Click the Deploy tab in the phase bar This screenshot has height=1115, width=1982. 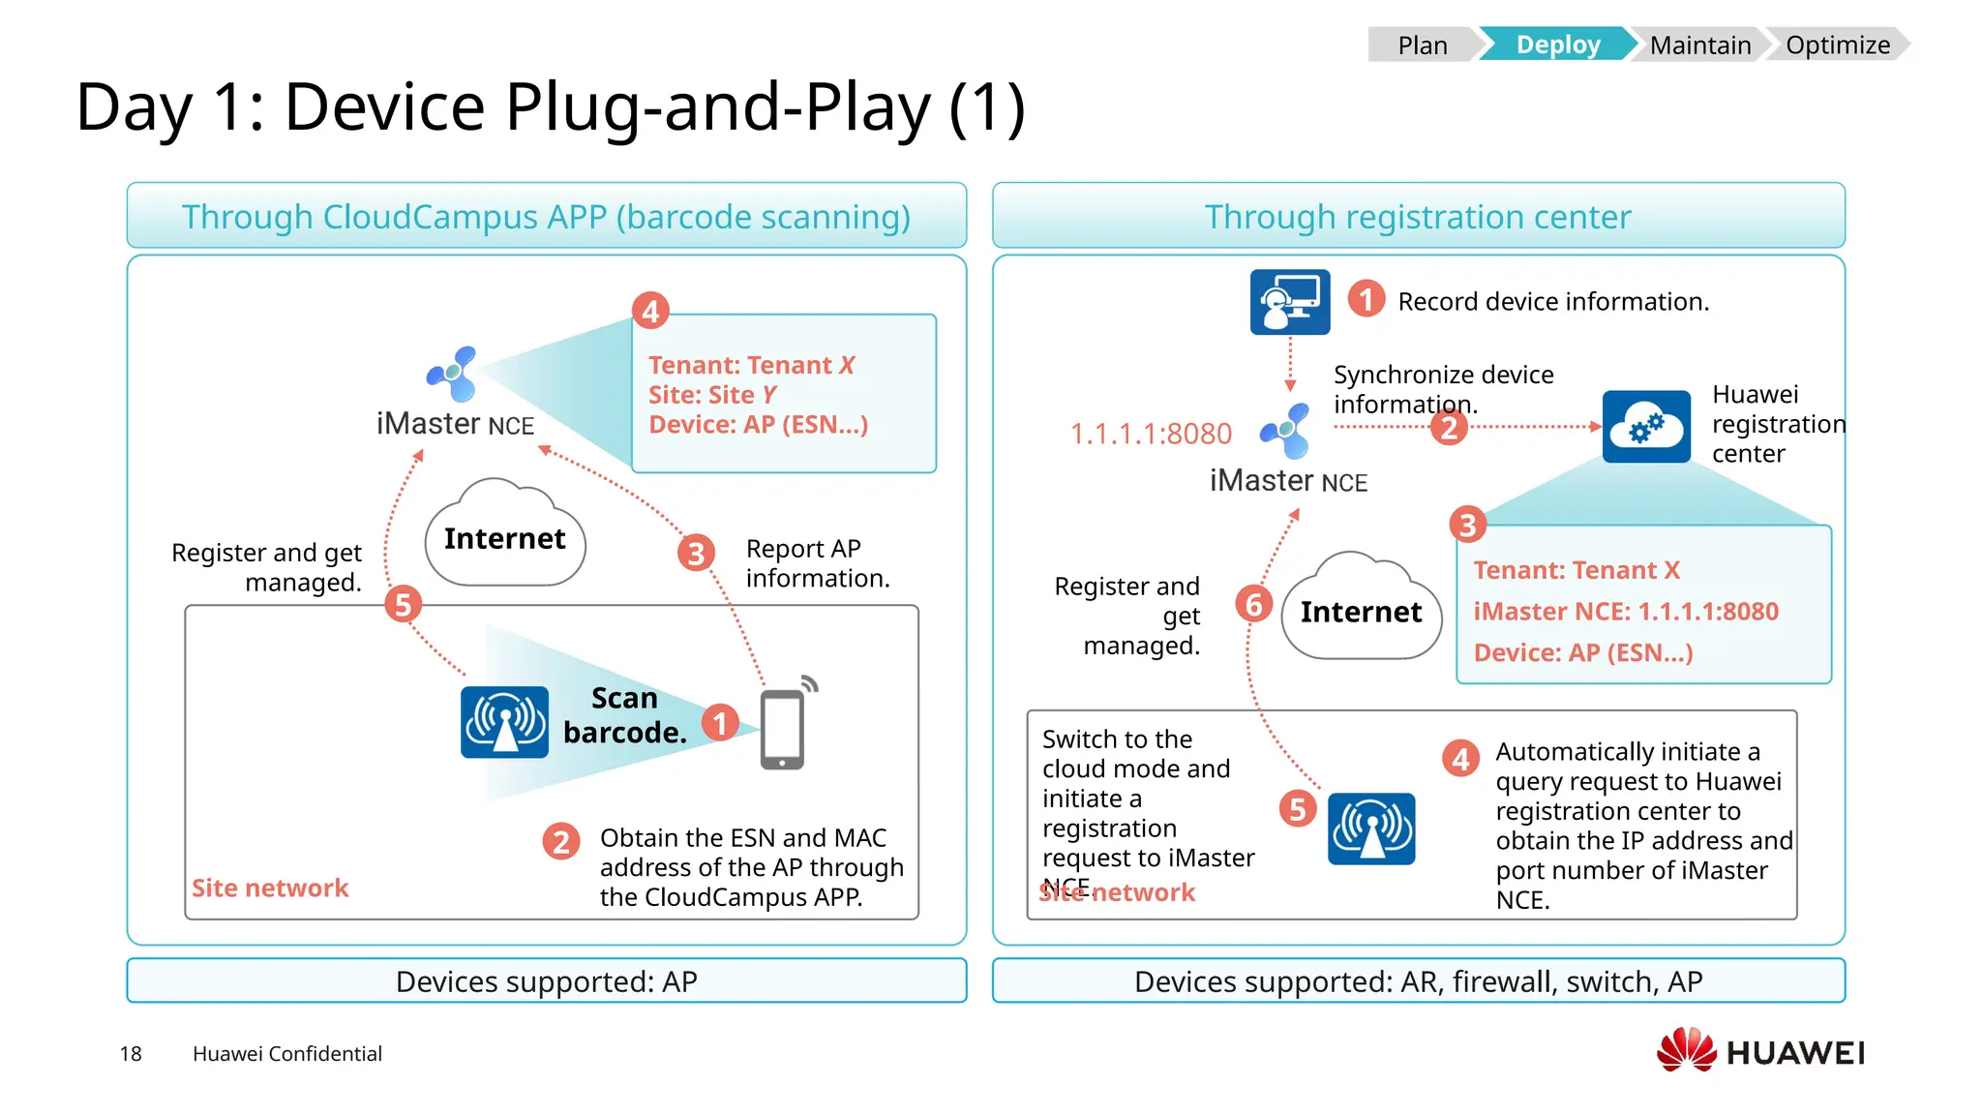pyautogui.click(x=1557, y=45)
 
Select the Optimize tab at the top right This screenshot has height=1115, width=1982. pyautogui.click(x=1837, y=45)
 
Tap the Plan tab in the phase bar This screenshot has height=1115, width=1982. pyautogui.click(x=1422, y=45)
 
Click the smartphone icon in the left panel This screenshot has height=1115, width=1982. pyautogui.click(x=782, y=730)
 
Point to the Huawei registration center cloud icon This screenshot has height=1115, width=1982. pyautogui.click(x=1646, y=427)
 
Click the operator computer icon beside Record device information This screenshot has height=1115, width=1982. pyautogui.click(x=1289, y=302)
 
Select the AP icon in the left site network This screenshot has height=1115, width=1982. pyautogui.click(x=504, y=722)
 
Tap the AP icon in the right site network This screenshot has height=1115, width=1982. pyautogui.click(x=1370, y=829)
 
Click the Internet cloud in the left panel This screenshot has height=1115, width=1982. pyautogui.click(x=505, y=537)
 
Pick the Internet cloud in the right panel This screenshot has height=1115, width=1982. pyautogui.click(x=1361, y=611)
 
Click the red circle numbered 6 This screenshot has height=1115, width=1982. pyautogui.click(x=1253, y=604)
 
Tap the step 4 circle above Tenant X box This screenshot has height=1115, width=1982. pyautogui.click(x=650, y=311)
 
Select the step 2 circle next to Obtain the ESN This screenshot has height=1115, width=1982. pyautogui.click(x=561, y=841)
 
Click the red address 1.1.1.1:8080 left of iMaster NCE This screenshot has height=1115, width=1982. pyautogui.click(x=1151, y=434)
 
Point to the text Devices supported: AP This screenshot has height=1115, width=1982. pyautogui.click(x=546, y=981)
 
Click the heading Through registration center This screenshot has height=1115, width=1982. pyautogui.click(x=1418, y=217)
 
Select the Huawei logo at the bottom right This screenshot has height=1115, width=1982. pyautogui.click(x=1761, y=1051)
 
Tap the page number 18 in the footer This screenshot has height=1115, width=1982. pyautogui.click(x=131, y=1053)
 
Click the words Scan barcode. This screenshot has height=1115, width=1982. pyautogui.click(x=625, y=715)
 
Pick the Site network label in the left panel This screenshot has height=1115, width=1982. pyautogui.click(x=270, y=888)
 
